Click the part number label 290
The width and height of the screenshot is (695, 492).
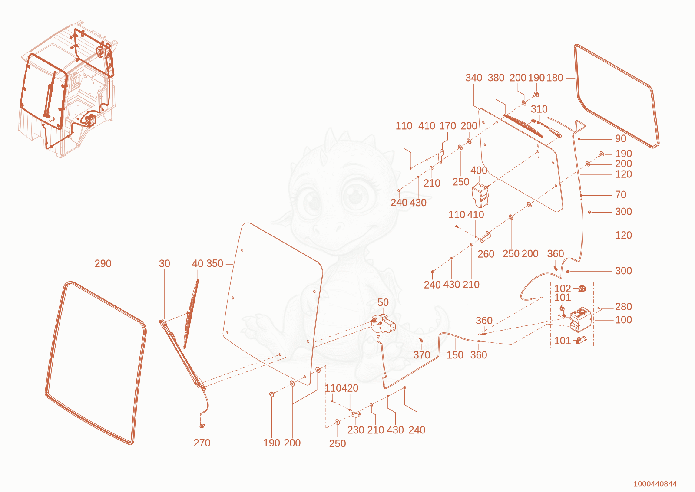pos(103,263)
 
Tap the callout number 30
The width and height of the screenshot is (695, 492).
pos(165,263)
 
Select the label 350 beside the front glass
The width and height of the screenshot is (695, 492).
pos(215,263)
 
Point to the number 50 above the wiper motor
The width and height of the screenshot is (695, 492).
pos(383,302)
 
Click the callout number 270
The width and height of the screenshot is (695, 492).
pos(202,443)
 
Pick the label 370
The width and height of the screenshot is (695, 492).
pos(422,355)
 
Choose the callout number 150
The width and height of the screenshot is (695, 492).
pos(455,355)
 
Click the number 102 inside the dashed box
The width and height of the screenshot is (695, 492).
pos(563,289)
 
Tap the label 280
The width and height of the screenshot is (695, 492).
pos(623,307)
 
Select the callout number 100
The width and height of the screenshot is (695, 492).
pos(623,320)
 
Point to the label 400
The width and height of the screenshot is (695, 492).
pos(479,171)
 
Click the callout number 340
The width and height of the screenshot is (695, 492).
pos(473,78)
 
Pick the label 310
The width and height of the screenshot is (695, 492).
pos(539,109)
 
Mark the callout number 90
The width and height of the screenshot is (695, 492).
pos(621,138)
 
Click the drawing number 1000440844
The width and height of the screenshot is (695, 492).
pos(655,484)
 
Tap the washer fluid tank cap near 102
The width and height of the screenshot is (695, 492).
pos(582,289)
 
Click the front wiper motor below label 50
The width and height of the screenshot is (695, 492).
pos(384,324)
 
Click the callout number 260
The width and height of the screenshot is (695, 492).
pos(486,254)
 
